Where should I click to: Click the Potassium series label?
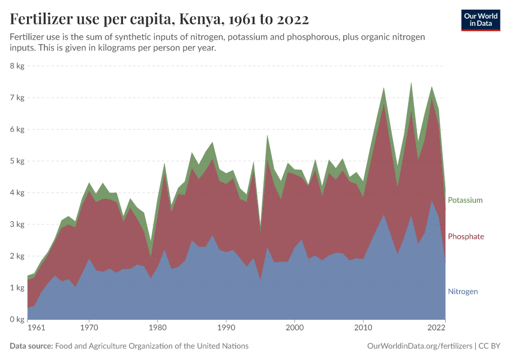pos(464,200)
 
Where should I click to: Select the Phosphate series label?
pos(466,236)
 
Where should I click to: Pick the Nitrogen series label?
pos(463,292)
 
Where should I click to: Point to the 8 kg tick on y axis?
pos(16,66)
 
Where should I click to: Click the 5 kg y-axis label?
pos(16,161)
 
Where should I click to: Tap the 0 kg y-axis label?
pos(16,319)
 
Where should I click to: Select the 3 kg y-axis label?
pos(16,224)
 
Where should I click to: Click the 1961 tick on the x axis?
pos(36,328)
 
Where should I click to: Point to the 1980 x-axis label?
pos(158,328)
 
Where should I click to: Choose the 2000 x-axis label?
pos(294,328)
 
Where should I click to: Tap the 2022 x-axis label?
pos(436,328)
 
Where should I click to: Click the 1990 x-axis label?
pos(226,328)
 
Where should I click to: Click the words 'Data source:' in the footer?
pos(31,346)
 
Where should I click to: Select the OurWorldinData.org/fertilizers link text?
pos(419,346)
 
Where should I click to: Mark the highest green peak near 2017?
pos(411,83)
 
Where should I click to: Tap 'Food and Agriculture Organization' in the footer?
pos(120,346)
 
